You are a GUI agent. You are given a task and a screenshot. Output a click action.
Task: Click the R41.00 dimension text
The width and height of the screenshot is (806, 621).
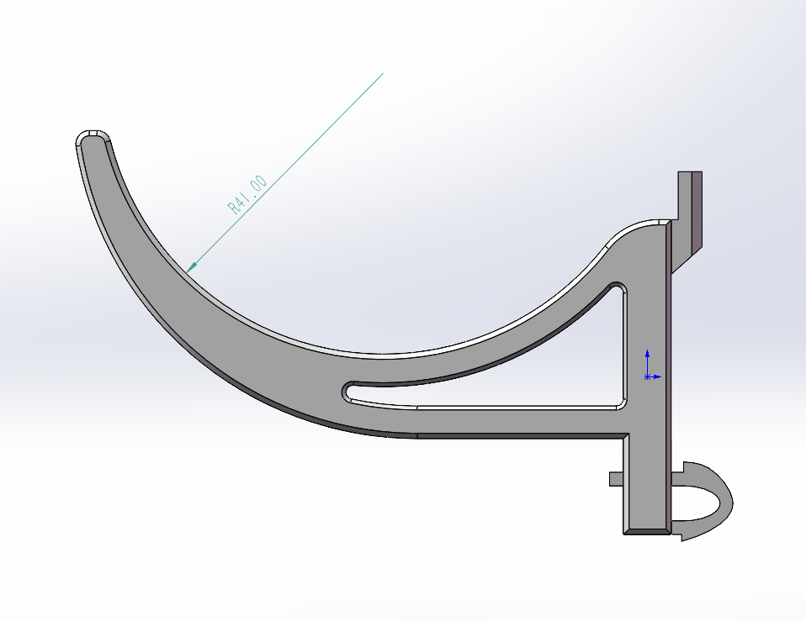click(x=247, y=194)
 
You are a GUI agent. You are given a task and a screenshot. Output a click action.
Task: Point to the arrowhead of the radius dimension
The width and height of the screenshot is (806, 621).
click(x=192, y=267)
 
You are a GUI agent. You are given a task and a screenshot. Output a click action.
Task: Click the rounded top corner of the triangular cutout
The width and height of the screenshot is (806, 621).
click(x=618, y=287)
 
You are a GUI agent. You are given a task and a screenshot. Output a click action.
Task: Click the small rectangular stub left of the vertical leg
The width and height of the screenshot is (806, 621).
click(x=616, y=479)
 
